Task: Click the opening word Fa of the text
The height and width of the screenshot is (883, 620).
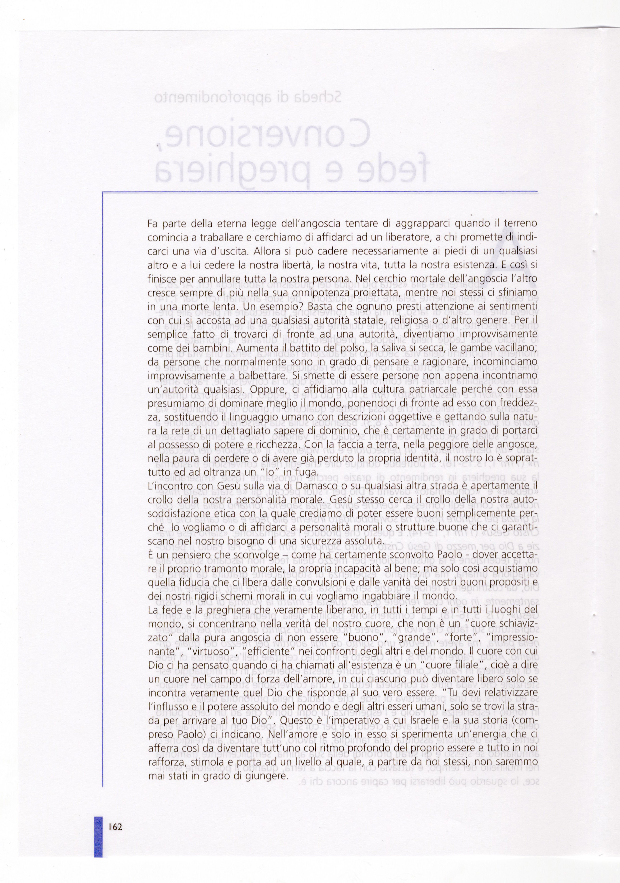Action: (152, 223)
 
